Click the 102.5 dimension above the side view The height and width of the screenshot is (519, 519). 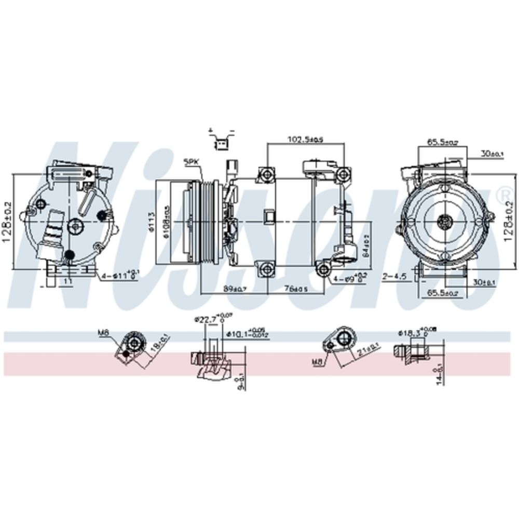coord(305,139)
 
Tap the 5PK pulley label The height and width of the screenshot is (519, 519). coord(191,162)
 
